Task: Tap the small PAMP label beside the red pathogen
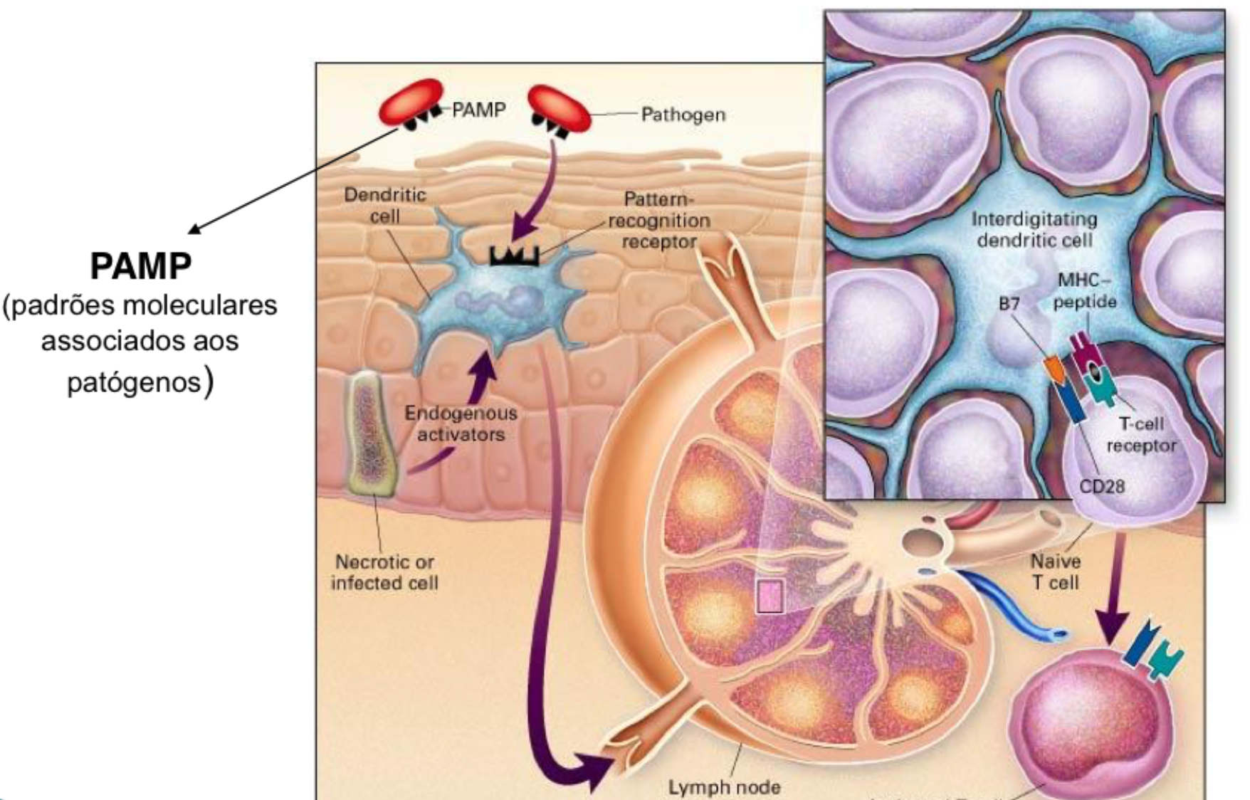pos(478,110)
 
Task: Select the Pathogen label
pos(683,114)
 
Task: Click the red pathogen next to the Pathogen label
pos(560,109)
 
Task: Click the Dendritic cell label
pos(385,205)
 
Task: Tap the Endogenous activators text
pos(461,423)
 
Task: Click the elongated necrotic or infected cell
pos(369,433)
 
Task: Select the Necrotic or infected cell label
pos(384,572)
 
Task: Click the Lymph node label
pos(724,787)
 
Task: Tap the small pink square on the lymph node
pos(770,596)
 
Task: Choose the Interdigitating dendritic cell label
pos(1034,229)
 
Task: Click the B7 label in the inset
pos(1009,304)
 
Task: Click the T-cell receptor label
pos(1140,435)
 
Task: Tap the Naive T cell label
pos(1056,572)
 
